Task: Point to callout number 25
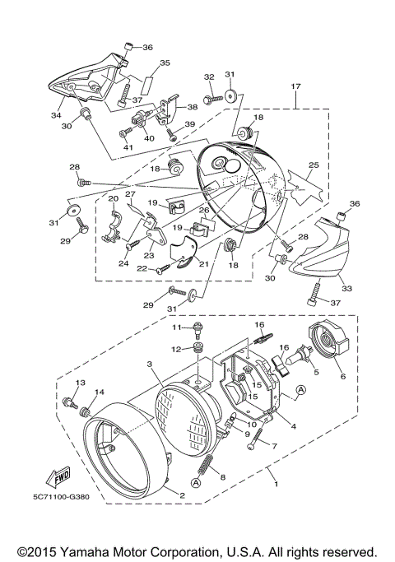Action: coord(313,165)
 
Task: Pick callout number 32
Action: coord(208,77)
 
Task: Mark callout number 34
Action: coord(57,116)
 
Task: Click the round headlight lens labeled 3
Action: coord(192,415)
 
